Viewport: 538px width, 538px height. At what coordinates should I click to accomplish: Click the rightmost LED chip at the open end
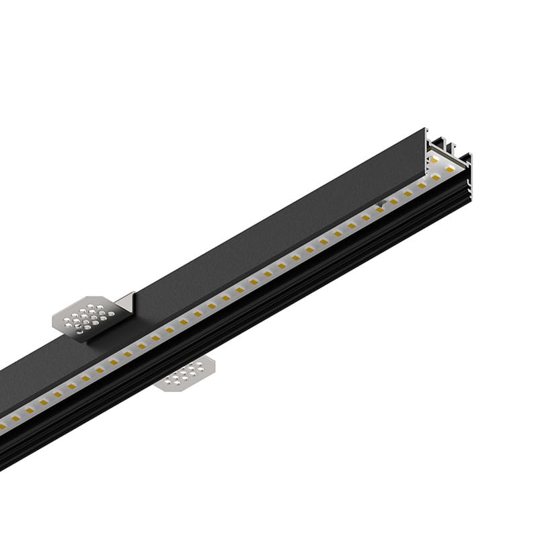tap(450, 169)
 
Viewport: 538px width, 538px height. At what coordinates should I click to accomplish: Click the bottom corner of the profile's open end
tap(469, 199)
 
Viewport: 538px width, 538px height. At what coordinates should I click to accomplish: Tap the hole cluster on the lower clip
tap(189, 371)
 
